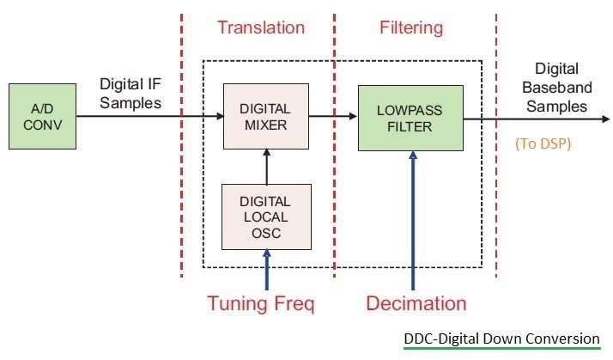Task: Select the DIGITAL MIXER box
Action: pos(265,115)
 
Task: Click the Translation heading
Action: pos(260,27)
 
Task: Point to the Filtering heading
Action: pos(410,27)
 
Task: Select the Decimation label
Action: pos(416,302)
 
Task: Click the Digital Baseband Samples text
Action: pos(555,88)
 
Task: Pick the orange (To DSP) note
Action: pos(543,143)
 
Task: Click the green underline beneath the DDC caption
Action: pos(501,349)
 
